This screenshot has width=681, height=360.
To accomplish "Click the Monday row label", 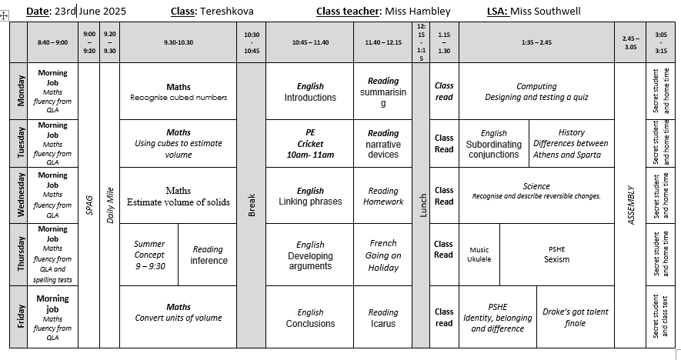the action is tap(21, 91).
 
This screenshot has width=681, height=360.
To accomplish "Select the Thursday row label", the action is tap(21, 255).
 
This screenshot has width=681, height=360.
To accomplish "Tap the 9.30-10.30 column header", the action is tap(179, 42).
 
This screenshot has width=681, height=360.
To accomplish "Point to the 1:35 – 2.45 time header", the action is tap(536, 42).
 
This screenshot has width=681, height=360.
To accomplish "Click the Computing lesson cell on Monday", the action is tap(536, 92).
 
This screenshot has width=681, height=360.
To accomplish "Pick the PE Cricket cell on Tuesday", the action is tap(310, 144).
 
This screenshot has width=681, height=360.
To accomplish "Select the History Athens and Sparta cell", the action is tap(572, 144).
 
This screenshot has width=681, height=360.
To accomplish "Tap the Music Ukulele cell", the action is tap(479, 255).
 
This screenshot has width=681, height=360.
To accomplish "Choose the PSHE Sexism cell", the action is tap(557, 255).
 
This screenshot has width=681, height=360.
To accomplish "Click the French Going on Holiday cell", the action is tap(383, 255).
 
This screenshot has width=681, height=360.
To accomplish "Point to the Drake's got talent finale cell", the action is tap(576, 318).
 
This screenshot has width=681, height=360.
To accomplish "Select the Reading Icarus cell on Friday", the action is tap(383, 318).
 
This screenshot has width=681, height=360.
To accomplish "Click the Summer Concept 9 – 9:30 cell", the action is tap(149, 255).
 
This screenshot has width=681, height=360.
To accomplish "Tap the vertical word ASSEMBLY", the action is tap(631, 205).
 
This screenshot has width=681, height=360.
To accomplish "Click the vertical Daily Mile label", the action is tap(110, 205).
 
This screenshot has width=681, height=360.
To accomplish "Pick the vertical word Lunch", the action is tap(423, 205).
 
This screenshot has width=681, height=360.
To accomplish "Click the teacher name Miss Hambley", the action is tap(418, 12).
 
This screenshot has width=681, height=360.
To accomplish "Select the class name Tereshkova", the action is tap(227, 12).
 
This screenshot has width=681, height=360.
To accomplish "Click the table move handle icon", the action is tap(4, 16).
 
